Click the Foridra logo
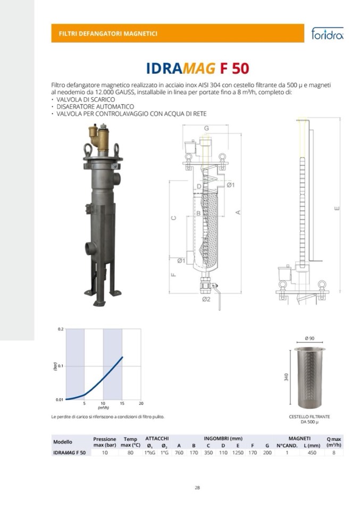(327, 33)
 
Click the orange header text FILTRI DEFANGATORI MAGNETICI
(108, 34)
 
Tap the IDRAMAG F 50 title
(197, 68)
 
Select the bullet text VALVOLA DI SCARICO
(86, 99)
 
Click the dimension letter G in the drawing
(206, 128)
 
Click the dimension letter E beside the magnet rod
(337, 208)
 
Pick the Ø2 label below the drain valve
(206, 299)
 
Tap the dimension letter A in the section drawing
(238, 212)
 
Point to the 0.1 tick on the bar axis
(60, 366)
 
